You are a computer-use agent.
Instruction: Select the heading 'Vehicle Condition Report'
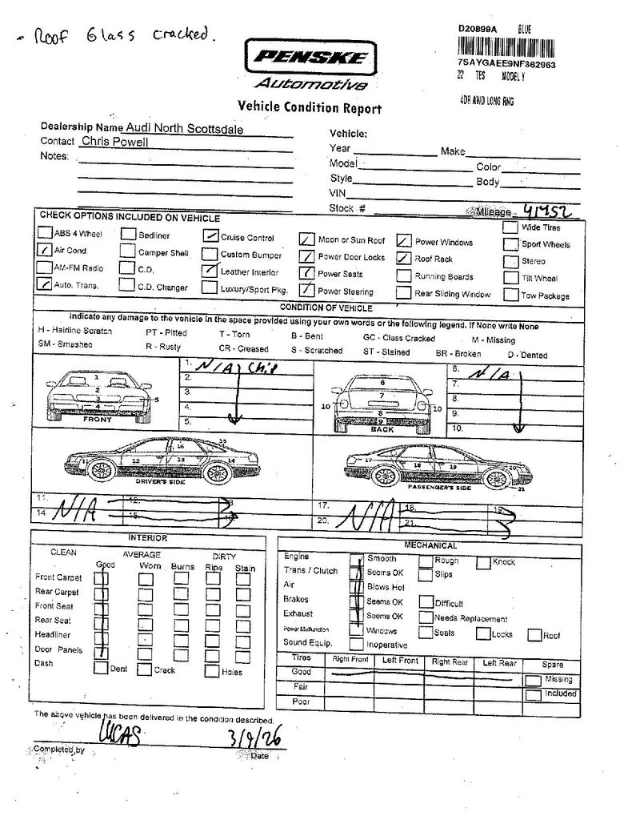(310, 108)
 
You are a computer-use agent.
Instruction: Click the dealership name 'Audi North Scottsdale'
(185, 128)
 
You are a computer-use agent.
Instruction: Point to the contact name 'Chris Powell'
(114, 142)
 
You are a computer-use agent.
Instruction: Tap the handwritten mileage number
(544, 212)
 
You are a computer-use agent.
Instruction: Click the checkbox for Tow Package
(510, 295)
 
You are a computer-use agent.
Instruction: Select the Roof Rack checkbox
(404, 259)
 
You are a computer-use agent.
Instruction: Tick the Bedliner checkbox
(127, 235)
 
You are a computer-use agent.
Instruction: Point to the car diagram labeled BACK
(382, 401)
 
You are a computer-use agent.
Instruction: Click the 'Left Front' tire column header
(400, 661)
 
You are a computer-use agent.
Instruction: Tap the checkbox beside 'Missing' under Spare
(532, 680)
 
